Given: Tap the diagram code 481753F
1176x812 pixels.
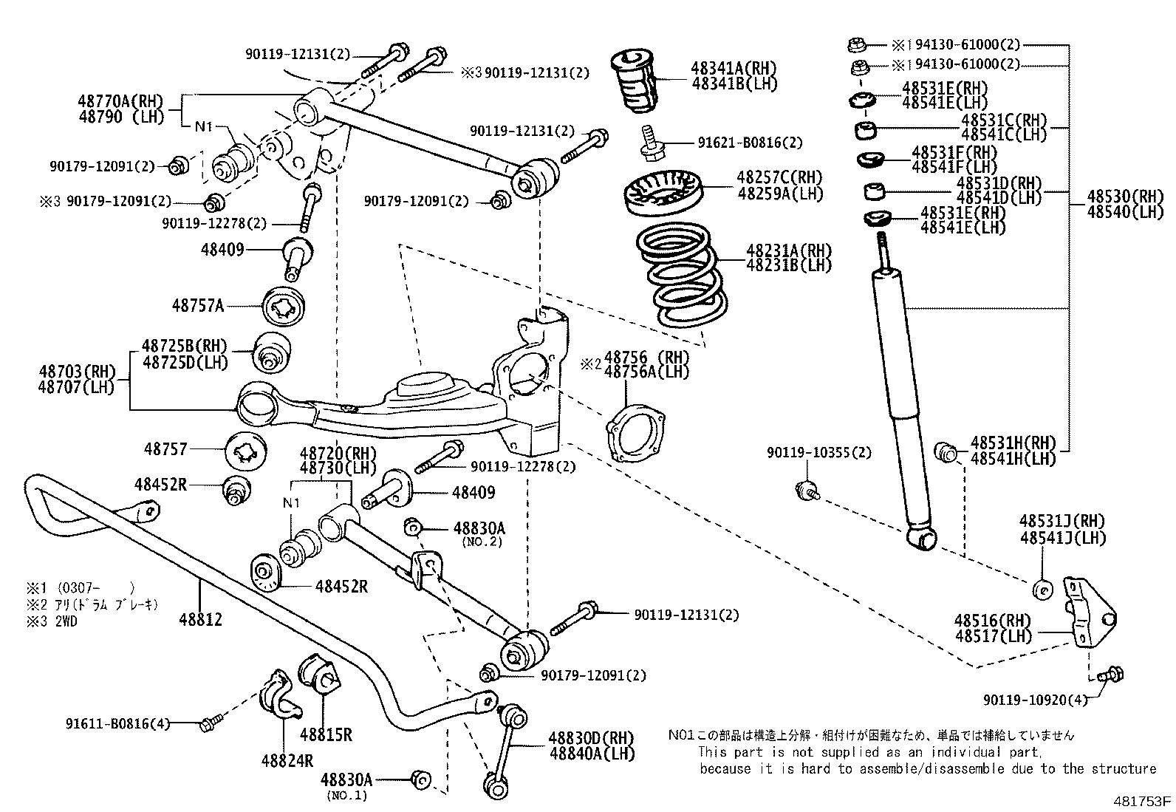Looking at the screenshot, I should click(1142, 801).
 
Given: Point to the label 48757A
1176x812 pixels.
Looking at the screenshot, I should click(197, 304).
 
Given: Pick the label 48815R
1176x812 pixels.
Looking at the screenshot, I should click(326, 734).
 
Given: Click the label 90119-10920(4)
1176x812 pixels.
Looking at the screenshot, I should click(1035, 700).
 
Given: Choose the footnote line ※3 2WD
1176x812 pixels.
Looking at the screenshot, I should click(52, 621).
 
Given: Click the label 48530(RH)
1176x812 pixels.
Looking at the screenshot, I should click(1124, 197).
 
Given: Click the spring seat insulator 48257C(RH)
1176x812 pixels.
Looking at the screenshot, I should click(662, 194).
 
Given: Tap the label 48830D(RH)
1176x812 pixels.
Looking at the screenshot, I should click(591, 738).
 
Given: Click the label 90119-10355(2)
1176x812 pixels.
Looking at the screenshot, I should click(818, 452).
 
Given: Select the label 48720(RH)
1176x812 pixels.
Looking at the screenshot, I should click(338, 454).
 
